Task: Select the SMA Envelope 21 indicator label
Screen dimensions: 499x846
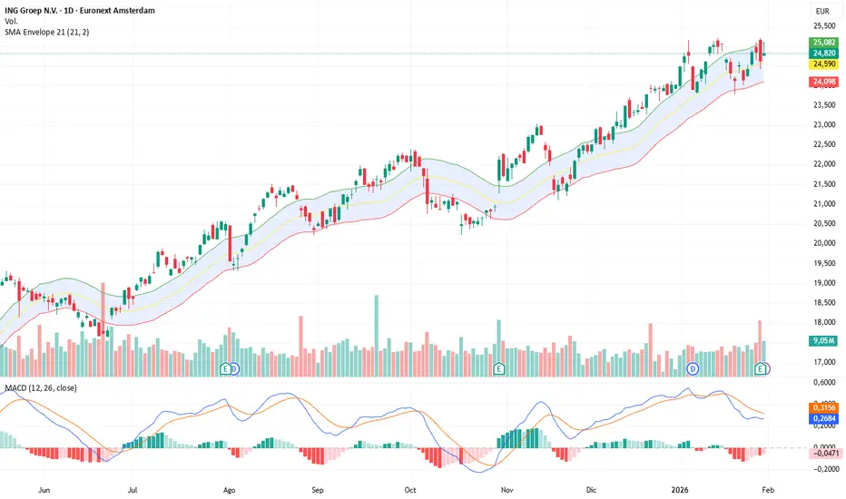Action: coord(52,32)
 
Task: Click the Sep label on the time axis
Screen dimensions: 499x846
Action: coord(318,487)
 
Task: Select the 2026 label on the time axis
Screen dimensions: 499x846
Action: coord(676,487)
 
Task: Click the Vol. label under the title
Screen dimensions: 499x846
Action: coord(14,20)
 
